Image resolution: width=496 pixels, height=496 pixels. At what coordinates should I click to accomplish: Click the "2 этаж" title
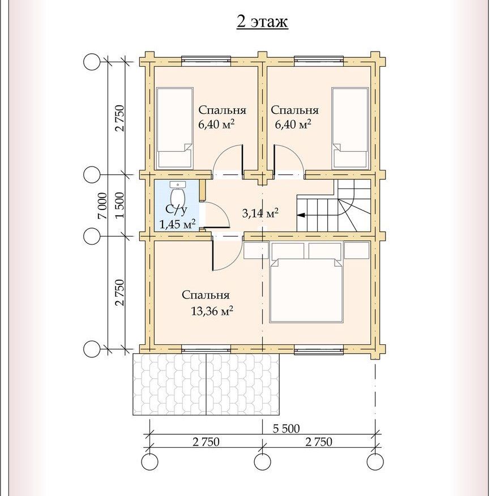pyautogui.click(x=262, y=22)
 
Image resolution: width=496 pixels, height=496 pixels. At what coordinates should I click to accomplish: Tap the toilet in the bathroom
pyautogui.click(x=177, y=196)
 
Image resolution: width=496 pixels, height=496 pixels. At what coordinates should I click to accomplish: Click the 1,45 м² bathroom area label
pyautogui.click(x=177, y=224)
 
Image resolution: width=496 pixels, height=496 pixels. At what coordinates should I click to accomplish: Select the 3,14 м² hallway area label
pyautogui.click(x=260, y=213)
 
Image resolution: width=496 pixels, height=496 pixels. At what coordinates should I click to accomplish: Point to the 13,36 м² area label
pyautogui.click(x=212, y=311)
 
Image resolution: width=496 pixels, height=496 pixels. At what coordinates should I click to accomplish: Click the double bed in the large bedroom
pyautogui.click(x=306, y=290)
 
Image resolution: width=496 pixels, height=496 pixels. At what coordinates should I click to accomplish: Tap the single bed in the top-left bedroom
pyautogui.click(x=175, y=127)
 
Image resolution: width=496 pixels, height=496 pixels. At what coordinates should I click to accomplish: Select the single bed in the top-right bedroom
pyautogui.click(x=350, y=127)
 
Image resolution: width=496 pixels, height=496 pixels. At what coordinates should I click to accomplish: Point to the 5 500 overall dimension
pyautogui.click(x=286, y=429)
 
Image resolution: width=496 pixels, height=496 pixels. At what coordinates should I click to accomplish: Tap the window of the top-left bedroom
pyautogui.click(x=206, y=61)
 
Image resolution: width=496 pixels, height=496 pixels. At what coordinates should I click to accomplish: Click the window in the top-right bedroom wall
pyautogui.click(x=319, y=61)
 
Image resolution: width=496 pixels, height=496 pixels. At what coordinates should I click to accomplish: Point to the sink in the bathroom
pyautogui.click(x=178, y=184)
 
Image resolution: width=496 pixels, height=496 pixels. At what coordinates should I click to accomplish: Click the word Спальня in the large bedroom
pyautogui.click(x=206, y=295)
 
